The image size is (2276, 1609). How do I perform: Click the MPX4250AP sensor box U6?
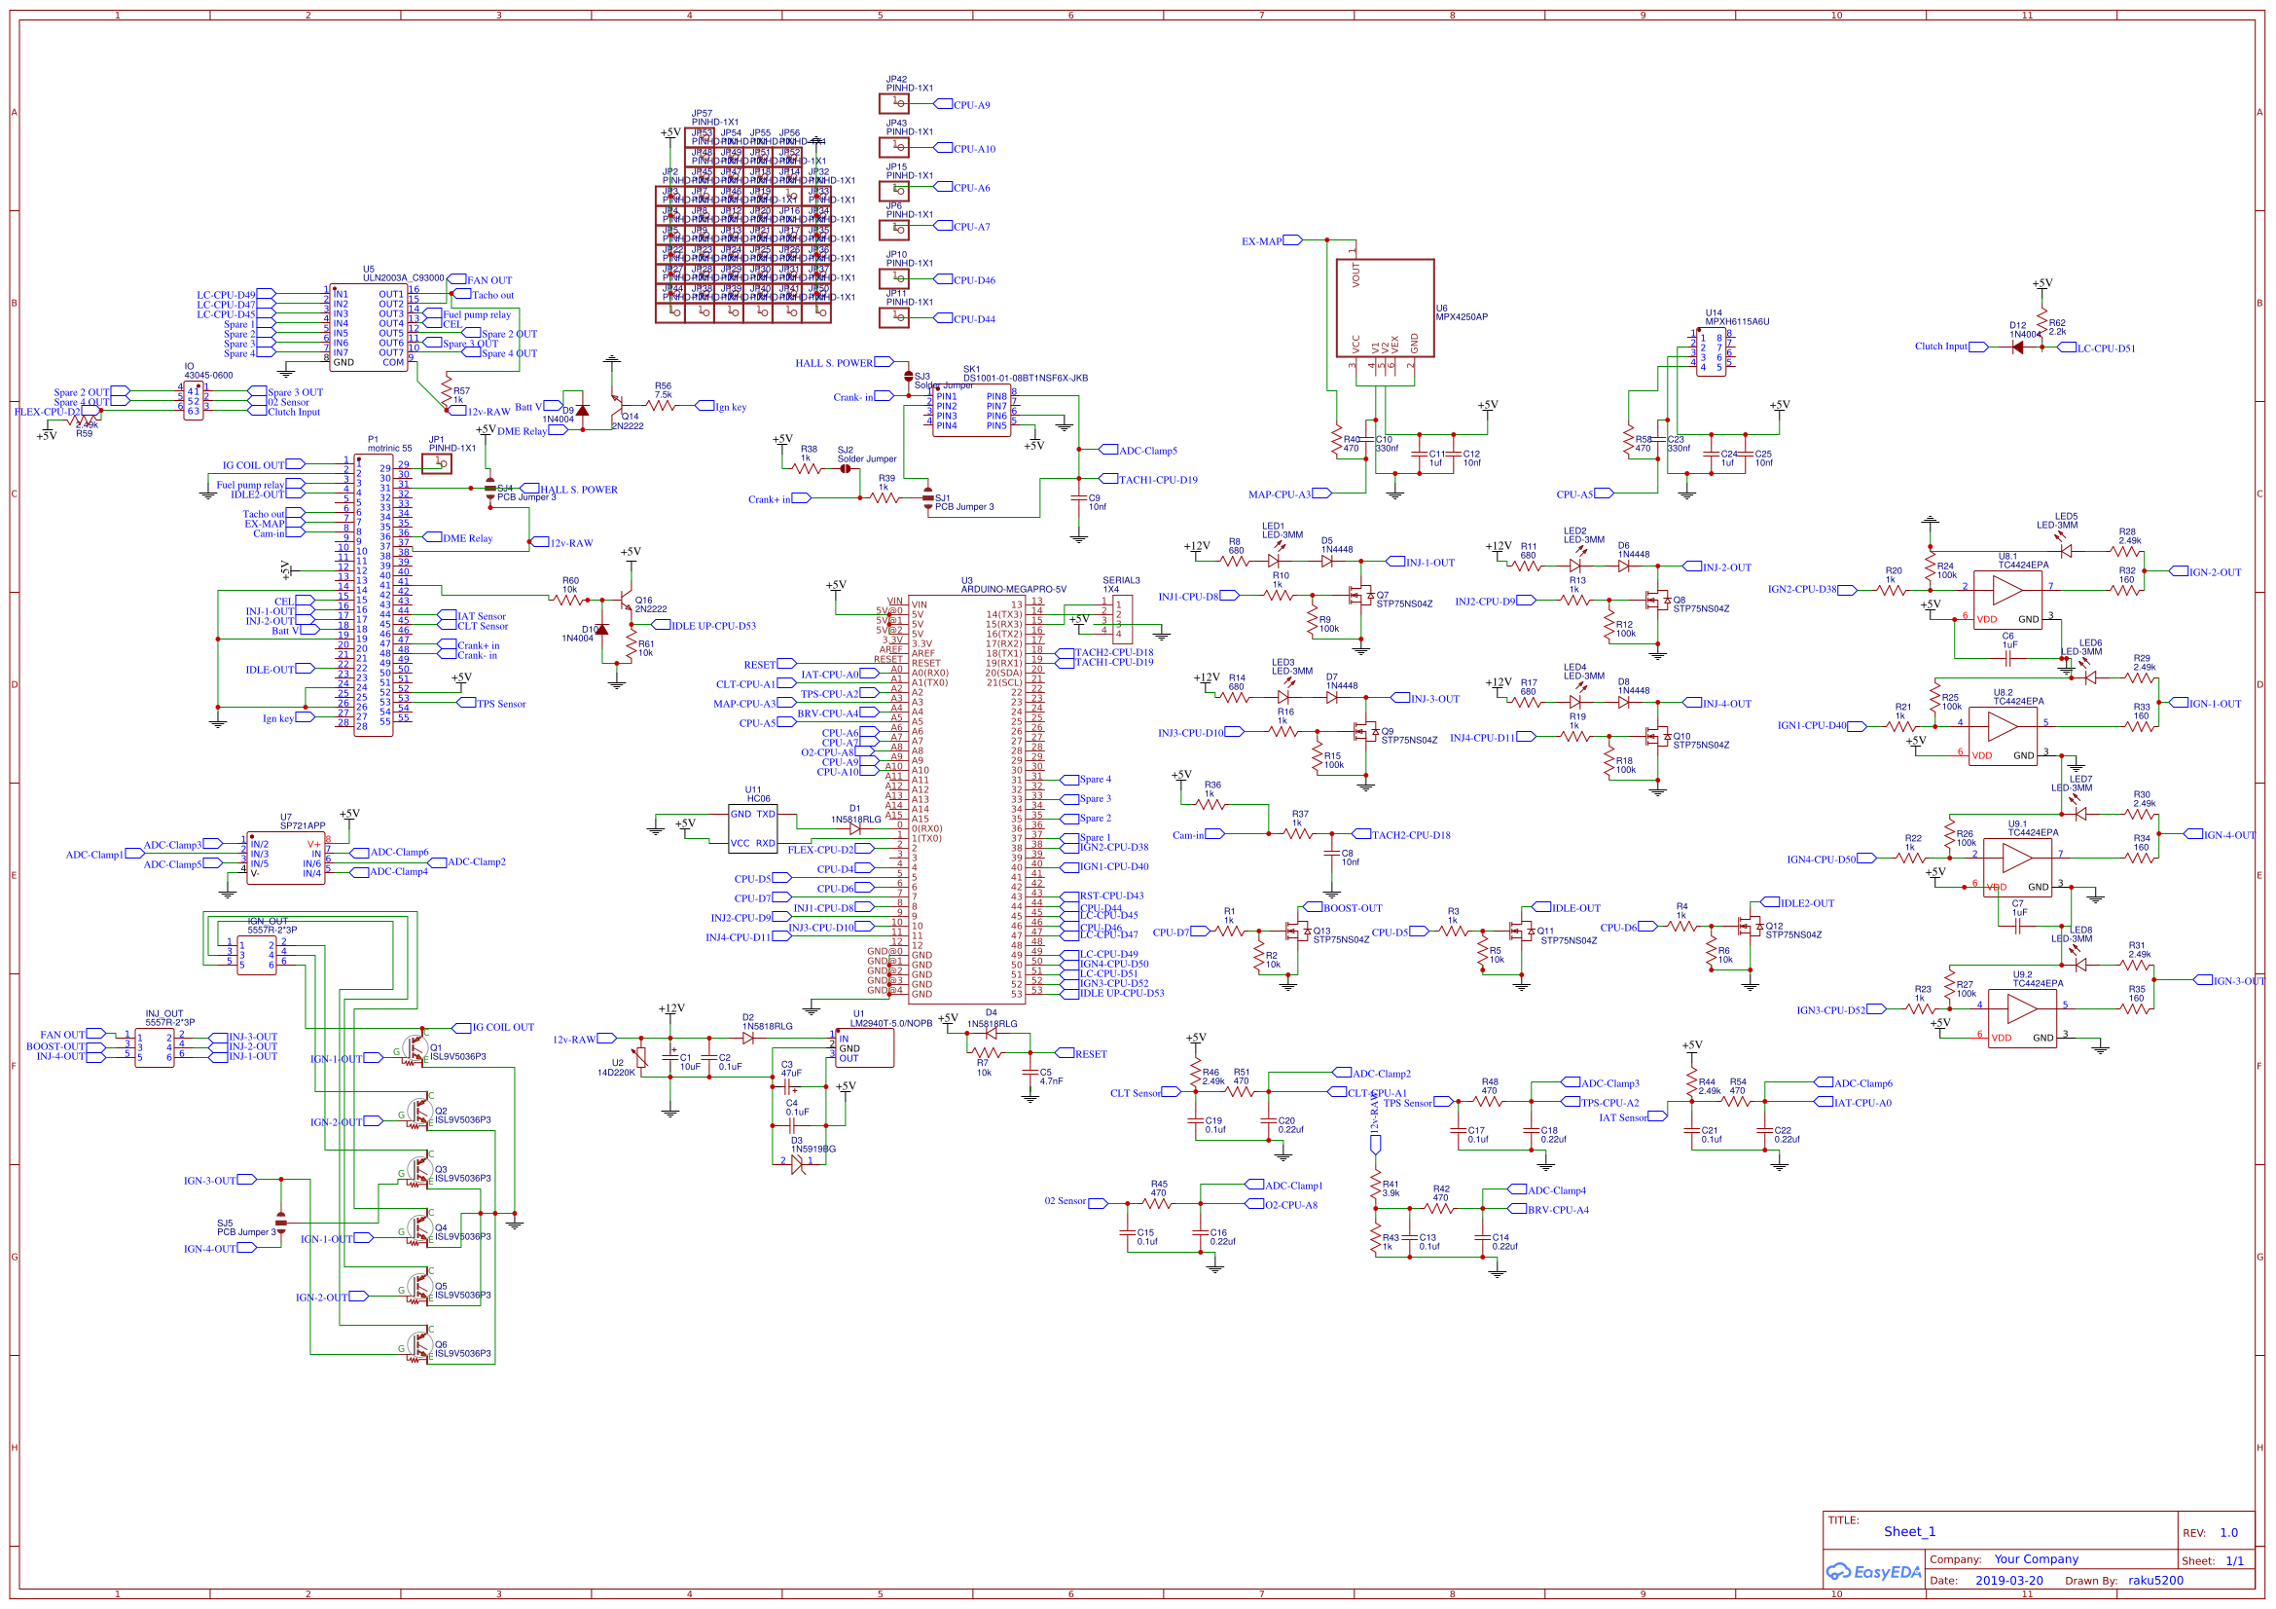pyautogui.click(x=1384, y=309)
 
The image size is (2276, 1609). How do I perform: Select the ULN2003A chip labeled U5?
pyautogui.click(x=368, y=327)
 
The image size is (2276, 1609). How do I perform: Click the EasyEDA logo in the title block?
pyautogui.click(x=1872, y=1572)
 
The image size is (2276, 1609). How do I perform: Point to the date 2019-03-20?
pyautogui.click(x=2008, y=1580)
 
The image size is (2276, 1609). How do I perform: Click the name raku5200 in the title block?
pyautogui.click(x=2154, y=1580)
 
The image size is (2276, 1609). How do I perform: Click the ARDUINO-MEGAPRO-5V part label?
pyautogui.click(x=1013, y=589)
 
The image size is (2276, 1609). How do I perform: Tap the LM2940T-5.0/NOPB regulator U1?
pyautogui.click(x=864, y=1048)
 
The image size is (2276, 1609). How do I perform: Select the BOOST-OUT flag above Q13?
pyautogui.click(x=1353, y=908)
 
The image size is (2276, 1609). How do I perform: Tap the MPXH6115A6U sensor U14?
pyautogui.click(x=1711, y=352)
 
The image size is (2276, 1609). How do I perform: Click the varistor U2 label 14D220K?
pyautogui.click(x=616, y=1073)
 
